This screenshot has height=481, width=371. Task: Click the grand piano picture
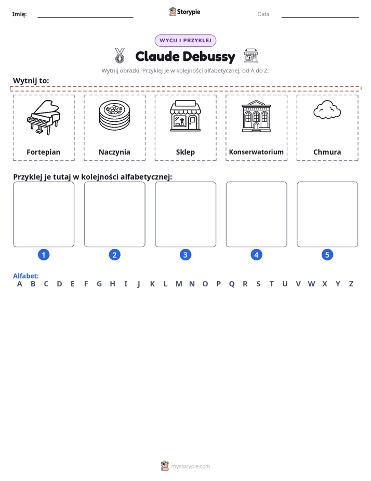pos(44,118)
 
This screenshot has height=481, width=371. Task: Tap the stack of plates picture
pos(114,116)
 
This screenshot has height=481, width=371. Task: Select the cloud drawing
pos(327,109)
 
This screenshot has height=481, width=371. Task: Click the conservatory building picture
pos(256,116)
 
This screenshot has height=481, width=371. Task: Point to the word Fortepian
pos(44,152)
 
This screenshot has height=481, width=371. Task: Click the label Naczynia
pos(114,152)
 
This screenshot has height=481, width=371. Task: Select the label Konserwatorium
pos(256,152)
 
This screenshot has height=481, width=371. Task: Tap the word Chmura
pos(327,152)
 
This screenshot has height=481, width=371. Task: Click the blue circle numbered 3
pos(186,255)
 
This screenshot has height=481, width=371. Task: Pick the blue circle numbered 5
pos(327,255)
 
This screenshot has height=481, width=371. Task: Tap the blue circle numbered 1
pos(44,255)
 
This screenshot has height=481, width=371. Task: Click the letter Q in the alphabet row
pos(232,284)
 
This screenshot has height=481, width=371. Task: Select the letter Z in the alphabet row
pos(351,284)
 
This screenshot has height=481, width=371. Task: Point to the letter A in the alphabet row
pos(20,284)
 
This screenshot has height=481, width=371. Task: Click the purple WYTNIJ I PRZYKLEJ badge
pos(186,41)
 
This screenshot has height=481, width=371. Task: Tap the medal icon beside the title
pos(120,55)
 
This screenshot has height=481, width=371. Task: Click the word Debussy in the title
pos(209,57)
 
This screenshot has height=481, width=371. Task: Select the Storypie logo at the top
pos(184,11)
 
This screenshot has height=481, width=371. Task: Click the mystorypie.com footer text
pos(190,466)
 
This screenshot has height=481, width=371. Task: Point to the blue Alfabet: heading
pos(25,276)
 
